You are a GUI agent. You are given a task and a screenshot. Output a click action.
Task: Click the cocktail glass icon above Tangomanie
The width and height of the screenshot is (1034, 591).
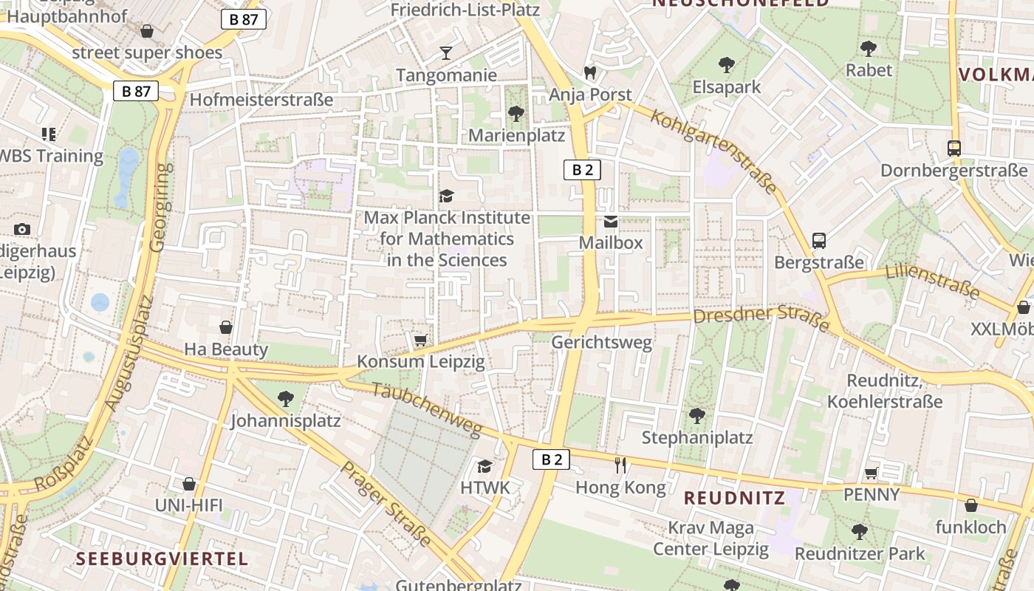445,52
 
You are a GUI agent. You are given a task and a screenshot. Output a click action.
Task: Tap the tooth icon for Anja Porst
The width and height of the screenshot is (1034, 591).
589,72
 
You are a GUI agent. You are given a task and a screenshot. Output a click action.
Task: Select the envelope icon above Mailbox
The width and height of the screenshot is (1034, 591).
611,221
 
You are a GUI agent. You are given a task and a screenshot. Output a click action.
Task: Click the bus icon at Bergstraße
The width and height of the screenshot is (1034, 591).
818,240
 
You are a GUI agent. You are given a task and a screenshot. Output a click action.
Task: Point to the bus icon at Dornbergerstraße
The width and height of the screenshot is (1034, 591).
953,148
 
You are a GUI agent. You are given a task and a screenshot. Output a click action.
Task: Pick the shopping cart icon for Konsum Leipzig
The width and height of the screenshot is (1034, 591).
420,340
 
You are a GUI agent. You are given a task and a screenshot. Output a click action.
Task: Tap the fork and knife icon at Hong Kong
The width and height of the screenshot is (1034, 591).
620,465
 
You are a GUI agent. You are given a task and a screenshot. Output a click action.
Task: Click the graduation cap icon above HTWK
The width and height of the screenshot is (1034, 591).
485,466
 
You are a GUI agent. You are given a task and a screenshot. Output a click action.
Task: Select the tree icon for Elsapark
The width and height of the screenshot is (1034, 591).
726,65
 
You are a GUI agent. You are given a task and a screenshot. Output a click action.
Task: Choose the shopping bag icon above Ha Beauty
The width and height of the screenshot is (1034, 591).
226,327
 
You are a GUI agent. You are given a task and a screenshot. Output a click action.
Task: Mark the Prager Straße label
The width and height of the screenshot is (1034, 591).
386,504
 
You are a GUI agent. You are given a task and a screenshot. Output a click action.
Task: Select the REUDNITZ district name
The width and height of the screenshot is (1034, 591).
734,498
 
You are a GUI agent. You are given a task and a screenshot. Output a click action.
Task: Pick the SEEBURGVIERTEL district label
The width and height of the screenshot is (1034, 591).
162,558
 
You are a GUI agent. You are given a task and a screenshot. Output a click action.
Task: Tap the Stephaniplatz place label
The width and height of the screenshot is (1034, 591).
696,437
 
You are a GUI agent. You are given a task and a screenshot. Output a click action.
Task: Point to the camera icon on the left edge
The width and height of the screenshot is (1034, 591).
22,229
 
